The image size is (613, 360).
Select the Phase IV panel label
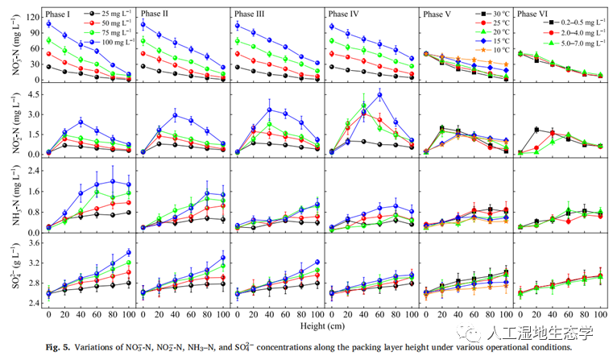[x=344, y=14]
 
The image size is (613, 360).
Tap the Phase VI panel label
[x=532, y=14]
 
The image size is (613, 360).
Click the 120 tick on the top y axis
[x=32, y=15]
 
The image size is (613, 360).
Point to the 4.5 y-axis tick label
[x=34, y=93]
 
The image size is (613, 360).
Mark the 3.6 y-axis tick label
[x=34, y=242]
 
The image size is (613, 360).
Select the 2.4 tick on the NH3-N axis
[x=34, y=170]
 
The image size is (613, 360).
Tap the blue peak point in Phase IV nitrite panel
[x=379, y=95]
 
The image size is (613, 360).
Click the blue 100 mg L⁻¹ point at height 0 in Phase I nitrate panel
[x=48, y=24]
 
